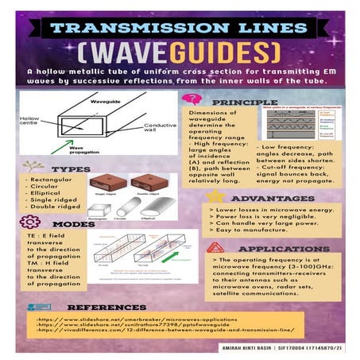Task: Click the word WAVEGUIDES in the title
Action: tap(180, 53)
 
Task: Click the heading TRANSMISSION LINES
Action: tap(180, 28)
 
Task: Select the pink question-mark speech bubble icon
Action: tap(192, 99)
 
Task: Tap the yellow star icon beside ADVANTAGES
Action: tap(215, 195)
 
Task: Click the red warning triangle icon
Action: tap(213, 247)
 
